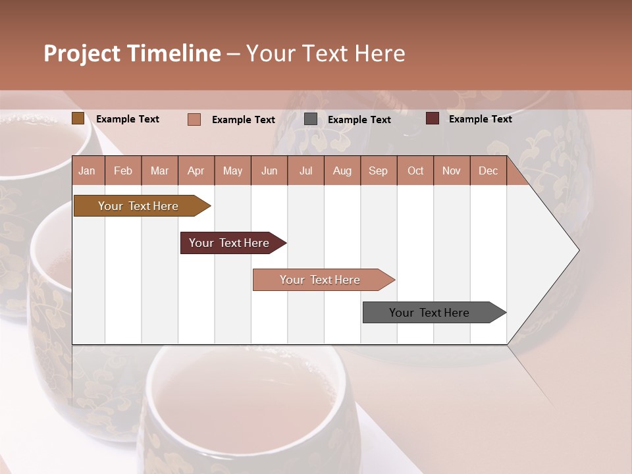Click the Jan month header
[87, 171]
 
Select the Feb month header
[123, 171]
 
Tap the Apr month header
[196, 171]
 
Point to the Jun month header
[269, 171]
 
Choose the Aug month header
[342, 171]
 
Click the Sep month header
[378, 171]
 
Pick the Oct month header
[415, 171]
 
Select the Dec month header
[488, 171]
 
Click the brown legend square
[78, 118]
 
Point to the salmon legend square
[194, 119]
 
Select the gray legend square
[311, 119]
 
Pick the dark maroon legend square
[433, 118]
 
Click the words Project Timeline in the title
[132, 53]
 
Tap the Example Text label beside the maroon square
[480, 118]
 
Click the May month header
[232, 171]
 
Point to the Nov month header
[451, 171]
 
